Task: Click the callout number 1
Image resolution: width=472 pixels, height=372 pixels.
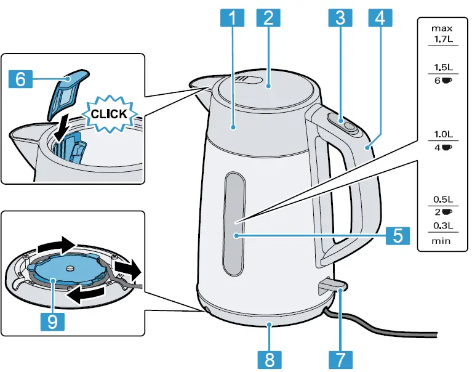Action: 232,18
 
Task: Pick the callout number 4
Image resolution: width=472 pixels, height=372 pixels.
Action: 378,18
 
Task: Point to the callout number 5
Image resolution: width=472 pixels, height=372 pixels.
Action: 397,235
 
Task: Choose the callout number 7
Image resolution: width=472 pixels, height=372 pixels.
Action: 342,358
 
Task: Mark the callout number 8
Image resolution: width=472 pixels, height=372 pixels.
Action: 270,358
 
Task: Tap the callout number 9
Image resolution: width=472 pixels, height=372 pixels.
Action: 54,320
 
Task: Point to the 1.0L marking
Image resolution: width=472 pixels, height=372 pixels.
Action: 442,134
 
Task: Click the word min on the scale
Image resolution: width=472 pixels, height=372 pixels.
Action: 441,240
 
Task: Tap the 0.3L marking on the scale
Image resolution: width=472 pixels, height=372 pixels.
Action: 442,225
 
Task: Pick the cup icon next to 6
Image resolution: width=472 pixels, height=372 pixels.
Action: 447,81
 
